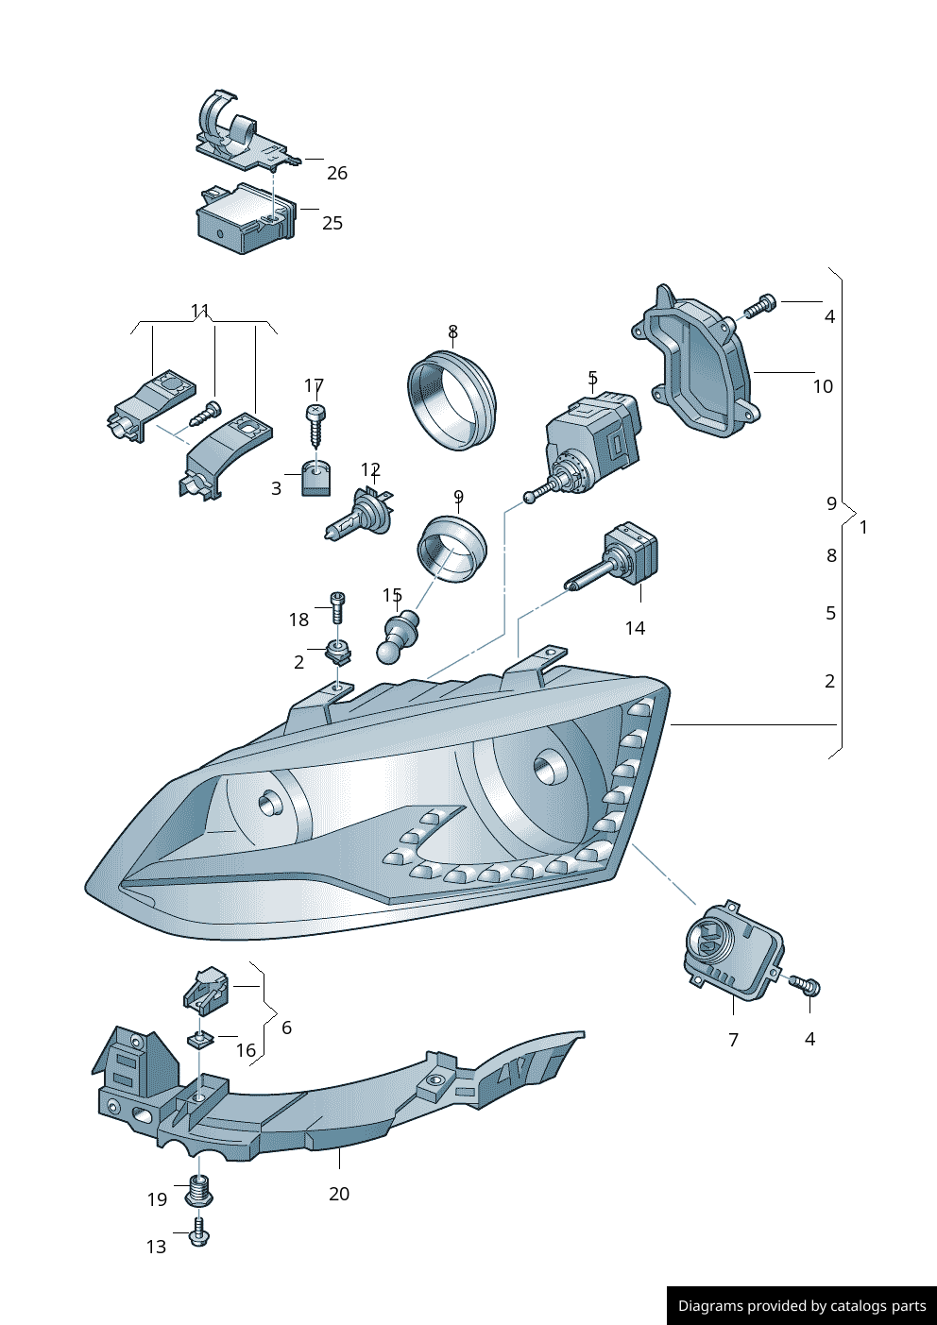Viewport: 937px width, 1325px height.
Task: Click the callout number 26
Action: (337, 173)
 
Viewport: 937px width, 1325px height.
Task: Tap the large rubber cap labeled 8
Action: (451, 399)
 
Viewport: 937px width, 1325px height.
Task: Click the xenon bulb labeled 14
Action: (622, 558)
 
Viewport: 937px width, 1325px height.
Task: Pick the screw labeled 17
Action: (315, 424)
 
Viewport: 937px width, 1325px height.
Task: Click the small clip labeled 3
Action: (316, 479)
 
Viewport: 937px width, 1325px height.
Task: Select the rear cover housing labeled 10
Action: (699, 368)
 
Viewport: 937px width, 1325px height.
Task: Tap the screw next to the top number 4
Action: (760, 307)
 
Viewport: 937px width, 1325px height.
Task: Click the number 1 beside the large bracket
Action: (863, 527)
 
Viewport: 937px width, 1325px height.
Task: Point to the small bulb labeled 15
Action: (399, 637)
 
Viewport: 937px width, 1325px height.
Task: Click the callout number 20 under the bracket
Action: (339, 1194)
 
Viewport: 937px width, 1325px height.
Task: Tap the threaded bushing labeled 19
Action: (198, 1191)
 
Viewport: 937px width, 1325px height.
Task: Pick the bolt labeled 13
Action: (198, 1232)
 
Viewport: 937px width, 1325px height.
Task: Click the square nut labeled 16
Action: (198, 1039)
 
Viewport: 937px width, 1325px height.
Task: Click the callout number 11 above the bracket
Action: (200, 311)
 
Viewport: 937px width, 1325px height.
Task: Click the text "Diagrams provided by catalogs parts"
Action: (802, 1306)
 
